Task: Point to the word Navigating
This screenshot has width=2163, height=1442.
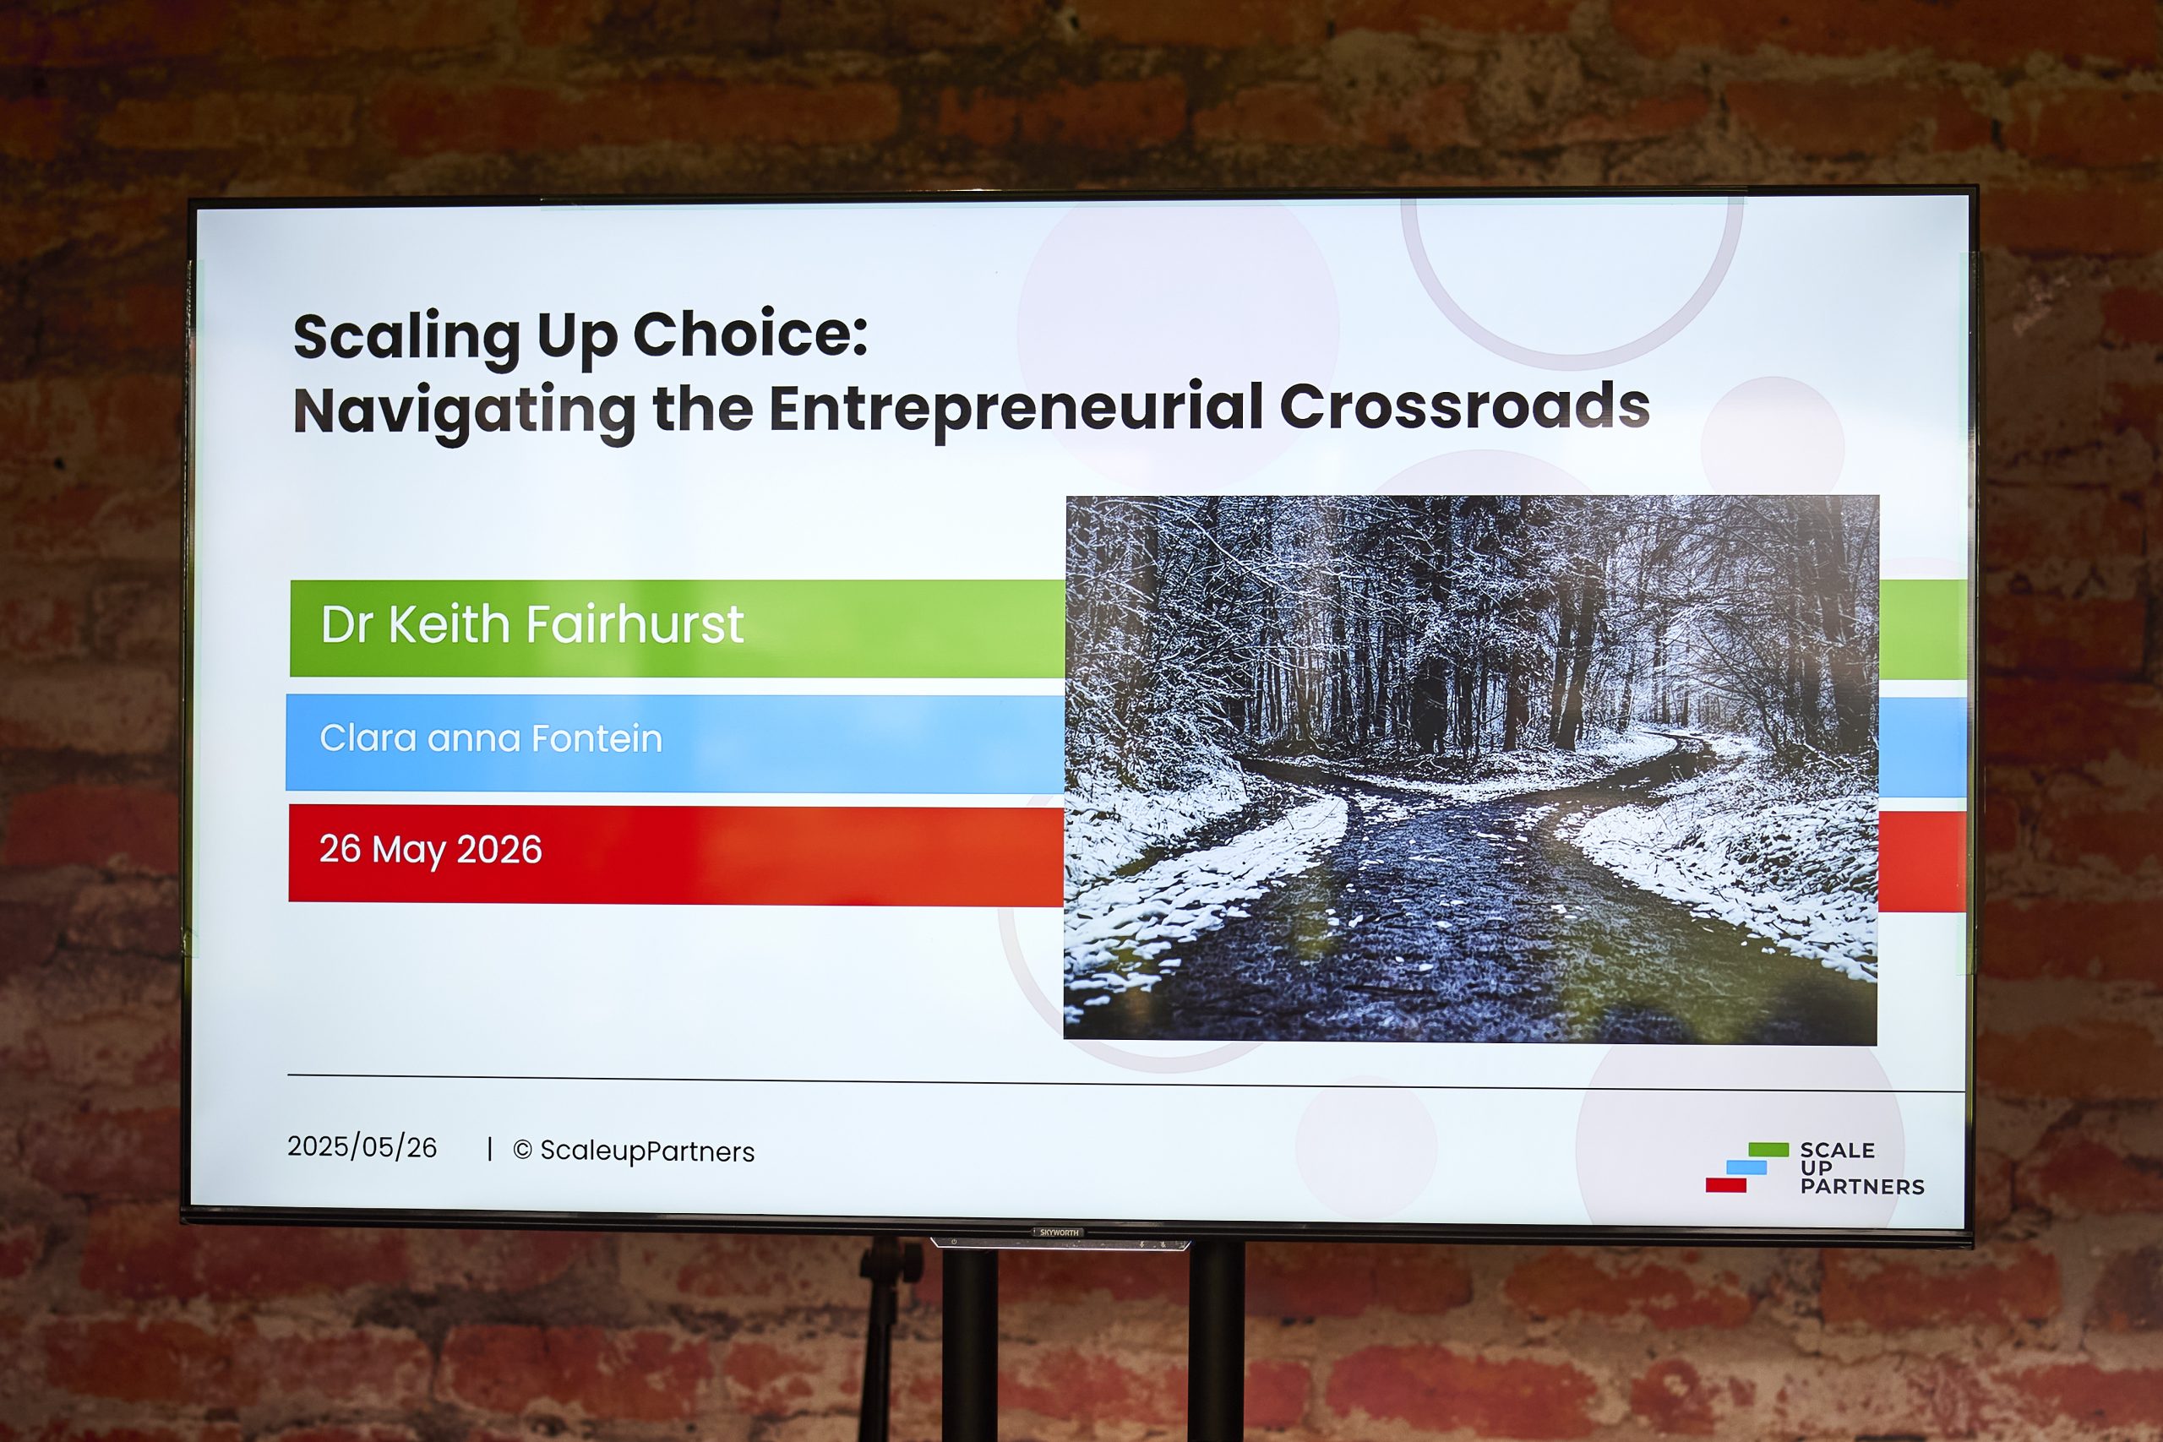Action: [465, 412]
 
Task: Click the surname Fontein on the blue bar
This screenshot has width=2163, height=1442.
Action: [597, 738]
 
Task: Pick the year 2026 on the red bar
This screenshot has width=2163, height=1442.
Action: [499, 850]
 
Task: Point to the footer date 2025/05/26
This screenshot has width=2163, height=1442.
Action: [362, 1147]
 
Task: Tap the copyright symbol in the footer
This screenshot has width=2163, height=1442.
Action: [522, 1150]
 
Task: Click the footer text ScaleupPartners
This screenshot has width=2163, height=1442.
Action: [647, 1151]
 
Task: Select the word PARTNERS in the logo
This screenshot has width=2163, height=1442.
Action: [1862, 1187]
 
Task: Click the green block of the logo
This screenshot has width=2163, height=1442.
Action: [1768, 1150]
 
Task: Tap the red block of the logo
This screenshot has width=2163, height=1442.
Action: [1726, 1185]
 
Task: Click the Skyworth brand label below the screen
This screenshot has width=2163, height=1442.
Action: [1060, 1233]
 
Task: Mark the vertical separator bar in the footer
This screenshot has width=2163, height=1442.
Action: [490, 1149]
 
